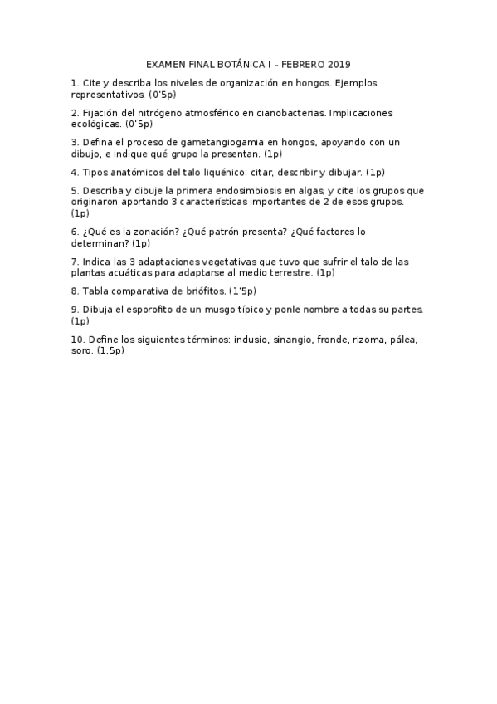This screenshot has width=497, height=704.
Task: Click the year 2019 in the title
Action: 339,64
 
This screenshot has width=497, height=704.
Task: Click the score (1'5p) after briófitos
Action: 242,291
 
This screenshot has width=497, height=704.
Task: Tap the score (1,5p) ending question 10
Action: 110,350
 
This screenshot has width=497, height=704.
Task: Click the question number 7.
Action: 75,262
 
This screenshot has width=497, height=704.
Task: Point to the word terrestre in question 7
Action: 293,272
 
